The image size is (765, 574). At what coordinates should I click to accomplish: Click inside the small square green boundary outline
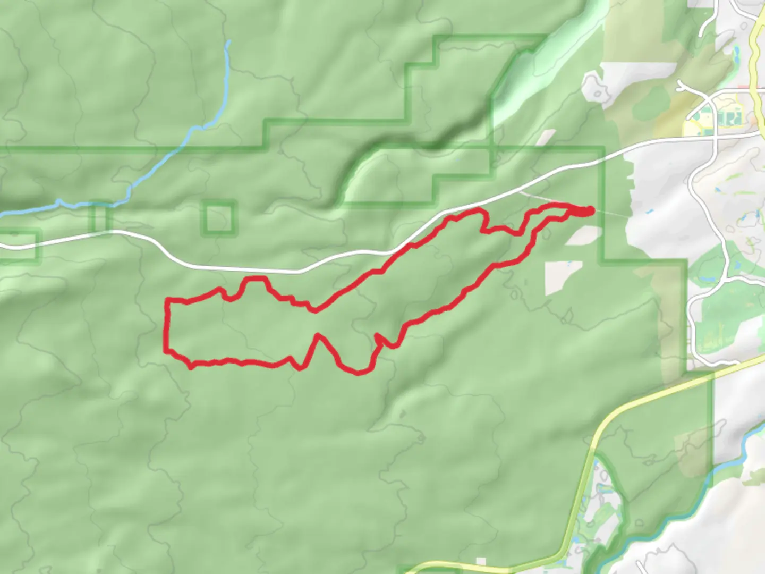pyautogui.click(x=219, y=218)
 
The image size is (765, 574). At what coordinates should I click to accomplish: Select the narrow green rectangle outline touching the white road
pyautogui.click(x=100, y=218)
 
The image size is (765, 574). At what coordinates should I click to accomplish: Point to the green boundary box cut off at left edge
pyautogui.click(x=19, y=247)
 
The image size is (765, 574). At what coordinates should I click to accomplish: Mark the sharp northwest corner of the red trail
pyautogui.click(x=168, y=301)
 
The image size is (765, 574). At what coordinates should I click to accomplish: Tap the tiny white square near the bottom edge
pyautogui.click(x=481, y=561)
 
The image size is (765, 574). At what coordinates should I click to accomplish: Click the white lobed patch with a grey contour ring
pyautogui.click(x=598, y=88)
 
